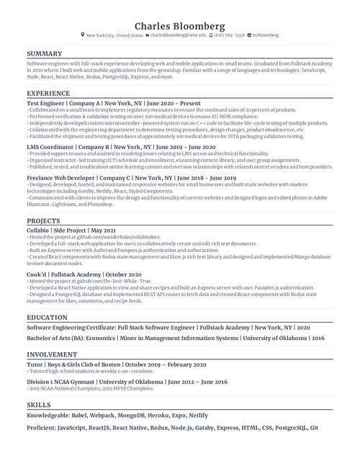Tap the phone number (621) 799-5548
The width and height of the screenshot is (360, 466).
(x=228, y=35)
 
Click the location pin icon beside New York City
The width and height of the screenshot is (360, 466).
(x=83, y=35)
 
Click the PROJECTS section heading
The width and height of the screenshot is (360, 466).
(x=44, y=220)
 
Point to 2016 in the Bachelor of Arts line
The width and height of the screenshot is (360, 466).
(x=318, y=338)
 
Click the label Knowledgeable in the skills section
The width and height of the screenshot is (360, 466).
(x=50, y=416)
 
